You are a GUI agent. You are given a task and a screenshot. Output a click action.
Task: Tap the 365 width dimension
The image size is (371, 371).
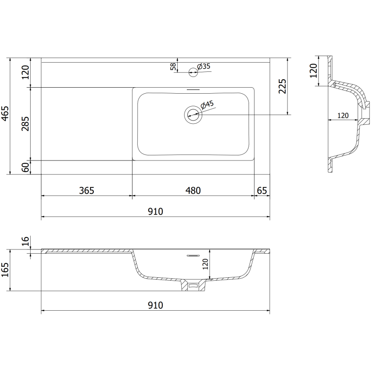[x=87, y=190]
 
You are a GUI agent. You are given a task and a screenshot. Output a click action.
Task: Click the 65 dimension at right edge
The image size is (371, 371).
[x=262, y=190]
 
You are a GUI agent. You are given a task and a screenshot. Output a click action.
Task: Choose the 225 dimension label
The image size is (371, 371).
[x=283, y=87]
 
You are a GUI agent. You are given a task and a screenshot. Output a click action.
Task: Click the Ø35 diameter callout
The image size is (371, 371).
[x=204, y=66]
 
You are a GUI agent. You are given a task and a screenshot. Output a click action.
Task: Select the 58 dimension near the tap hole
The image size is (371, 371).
[x=173, y=67]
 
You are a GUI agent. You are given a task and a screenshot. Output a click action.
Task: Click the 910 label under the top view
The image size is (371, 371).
[x=155, y=211]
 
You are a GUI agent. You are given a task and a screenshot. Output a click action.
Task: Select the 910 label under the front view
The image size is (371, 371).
[x=155, y=305]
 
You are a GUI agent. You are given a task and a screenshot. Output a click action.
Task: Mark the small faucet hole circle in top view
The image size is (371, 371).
[x=193, y=71]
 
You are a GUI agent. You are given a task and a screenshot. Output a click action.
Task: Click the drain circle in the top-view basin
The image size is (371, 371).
[x=192, y=114]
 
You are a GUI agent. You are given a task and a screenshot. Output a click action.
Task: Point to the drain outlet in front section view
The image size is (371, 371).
[x=193, y=286]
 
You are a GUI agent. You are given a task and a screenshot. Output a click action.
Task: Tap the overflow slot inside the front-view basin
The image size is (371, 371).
[x=192, y=255]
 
